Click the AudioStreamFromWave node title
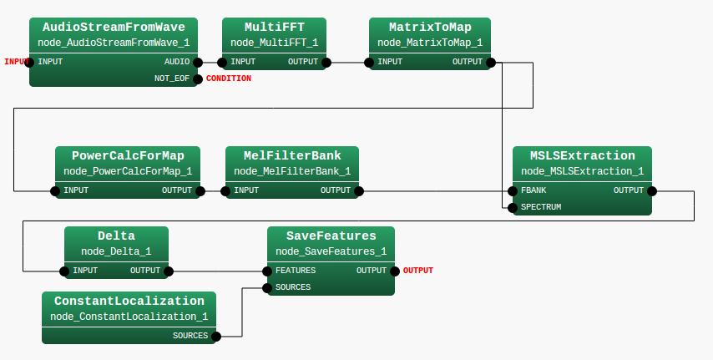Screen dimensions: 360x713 tap(114, 27)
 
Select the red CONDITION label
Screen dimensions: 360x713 tap(228, 79)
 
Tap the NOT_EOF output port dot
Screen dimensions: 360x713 tap(198, 79)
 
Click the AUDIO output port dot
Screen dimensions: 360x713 tap(198, 62)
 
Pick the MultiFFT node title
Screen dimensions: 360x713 tap(274, 27)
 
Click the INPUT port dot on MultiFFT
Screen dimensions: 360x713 tap(223, 62)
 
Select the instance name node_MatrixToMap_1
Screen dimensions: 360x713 tap(429, 43)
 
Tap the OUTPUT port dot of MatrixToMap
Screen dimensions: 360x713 tap(490, 62)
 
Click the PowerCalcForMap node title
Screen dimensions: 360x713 tap(128, 155)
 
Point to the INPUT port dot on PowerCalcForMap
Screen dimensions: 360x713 tap(56, 190)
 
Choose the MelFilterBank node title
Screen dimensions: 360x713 tap(292, 155)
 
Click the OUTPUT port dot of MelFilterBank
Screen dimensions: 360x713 tap(359, 190)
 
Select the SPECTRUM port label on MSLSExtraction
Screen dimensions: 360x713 tap(540, 206)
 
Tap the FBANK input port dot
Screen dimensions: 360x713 tap(513, 190)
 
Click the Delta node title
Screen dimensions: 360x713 tap(116, 236)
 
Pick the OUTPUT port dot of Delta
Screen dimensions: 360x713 tap(169, 271)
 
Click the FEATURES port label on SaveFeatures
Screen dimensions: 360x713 tap(295, 271)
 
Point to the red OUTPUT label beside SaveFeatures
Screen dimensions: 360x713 tap(417, 271)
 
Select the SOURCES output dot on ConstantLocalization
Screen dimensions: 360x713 tap(215, 336)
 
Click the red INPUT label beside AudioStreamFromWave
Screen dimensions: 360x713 tap(15, 62)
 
